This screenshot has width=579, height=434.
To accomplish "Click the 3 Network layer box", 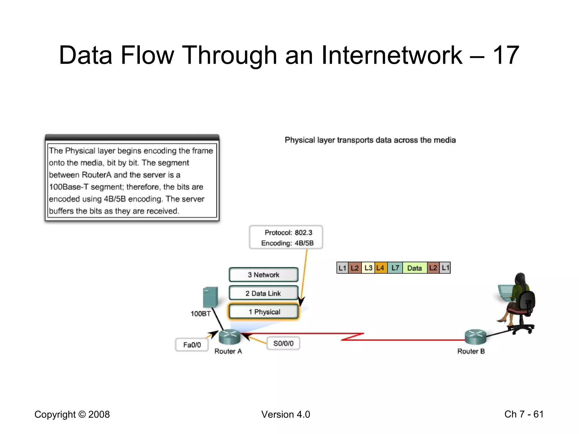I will [x=263, y=275].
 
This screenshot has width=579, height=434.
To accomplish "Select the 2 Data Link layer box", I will [x=263, y=293].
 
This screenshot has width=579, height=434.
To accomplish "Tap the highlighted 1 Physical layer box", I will [x=263, y=312].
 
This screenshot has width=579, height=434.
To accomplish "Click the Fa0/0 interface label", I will [x=192, y=345].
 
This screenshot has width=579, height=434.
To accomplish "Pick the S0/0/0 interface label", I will [x=283, y=343].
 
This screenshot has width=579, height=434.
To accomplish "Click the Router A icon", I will [x=230, y=337].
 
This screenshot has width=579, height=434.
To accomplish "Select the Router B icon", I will [x=476, y=337].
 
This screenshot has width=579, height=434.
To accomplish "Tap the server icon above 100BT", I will [x=210, y=297].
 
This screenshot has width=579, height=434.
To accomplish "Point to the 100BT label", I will [x=200, y=314].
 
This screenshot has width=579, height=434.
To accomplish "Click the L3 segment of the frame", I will [x=368, y=268].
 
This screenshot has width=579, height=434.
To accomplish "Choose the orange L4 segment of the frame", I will [x=381, y=268].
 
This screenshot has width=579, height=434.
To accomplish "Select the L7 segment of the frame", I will [x=395, y=268].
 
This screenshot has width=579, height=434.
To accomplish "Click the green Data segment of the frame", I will [x=414, y=268].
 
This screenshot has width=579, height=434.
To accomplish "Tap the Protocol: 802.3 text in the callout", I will [x=288, y=233].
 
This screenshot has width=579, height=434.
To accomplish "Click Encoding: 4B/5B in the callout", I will [x=287, y=243].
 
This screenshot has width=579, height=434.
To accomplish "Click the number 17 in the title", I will [x=506, y=55].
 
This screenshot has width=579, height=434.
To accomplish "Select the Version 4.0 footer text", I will [x=286, y=414].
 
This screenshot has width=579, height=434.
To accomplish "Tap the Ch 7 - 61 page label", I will [x=524, y=414].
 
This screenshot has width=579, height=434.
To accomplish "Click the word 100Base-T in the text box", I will [x=69, y=187].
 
